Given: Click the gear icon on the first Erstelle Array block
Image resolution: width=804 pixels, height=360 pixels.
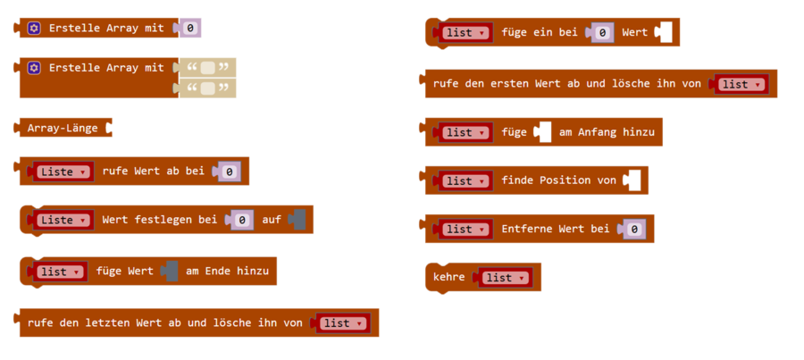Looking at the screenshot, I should tap(34, 29).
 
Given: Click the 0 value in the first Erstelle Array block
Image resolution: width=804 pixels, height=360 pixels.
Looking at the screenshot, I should tap(191, 29).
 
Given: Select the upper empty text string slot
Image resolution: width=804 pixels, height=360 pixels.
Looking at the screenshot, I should tap(208, 68).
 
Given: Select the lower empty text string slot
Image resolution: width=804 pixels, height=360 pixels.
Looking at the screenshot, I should tap(208, 88).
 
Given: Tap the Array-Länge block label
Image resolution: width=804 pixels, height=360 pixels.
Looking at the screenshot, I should tap(62, 128).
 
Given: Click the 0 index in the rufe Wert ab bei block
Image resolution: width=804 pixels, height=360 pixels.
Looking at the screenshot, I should tap(229, 171).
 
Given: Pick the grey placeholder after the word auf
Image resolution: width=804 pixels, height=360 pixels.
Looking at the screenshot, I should tap(297, 220).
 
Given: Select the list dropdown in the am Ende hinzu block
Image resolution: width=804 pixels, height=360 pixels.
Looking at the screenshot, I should tap(59, 272).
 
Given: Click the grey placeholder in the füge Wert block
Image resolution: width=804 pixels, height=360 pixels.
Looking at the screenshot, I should tap(170, 272).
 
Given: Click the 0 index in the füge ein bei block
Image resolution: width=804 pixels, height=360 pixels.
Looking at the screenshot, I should tap(603, 33).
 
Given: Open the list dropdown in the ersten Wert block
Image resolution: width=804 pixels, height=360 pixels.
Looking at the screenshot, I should tap(739, 84).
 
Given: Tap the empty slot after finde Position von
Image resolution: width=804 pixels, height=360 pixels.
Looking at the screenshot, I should tap(632, 180).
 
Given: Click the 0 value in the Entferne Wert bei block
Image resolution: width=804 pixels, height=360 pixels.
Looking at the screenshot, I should tap(633, 230).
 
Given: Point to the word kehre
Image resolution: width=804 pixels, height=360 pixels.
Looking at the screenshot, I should tap(449, 278).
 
